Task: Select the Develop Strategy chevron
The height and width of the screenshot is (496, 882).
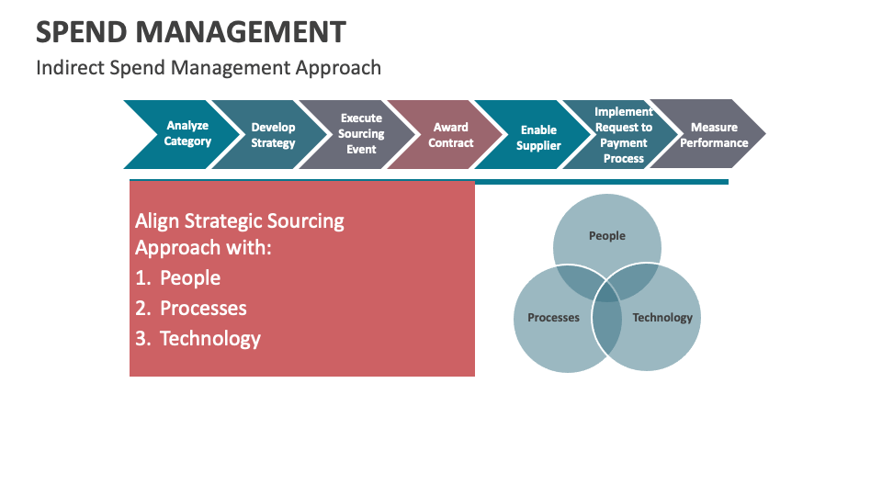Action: pyautogui.click(x=273, y=135)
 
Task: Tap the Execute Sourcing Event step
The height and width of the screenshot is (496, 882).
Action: pyautogui.click(x=361, y=134)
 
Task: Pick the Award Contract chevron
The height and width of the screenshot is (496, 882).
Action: pyautogui.click(x=450, y=135)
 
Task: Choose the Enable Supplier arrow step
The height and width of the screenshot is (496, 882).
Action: pyautogui.click(x=538, y=138)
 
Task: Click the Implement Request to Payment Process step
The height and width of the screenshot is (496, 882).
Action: pyautogui.click(x=624, y=135)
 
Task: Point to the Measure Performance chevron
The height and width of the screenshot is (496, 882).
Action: pyautogui.click(x=714, y=135)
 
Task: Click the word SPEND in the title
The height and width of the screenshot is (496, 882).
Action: pyautogui.click(x=84, y=32)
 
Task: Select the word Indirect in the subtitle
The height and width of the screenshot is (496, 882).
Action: pyautogui.click(x=67, y=68)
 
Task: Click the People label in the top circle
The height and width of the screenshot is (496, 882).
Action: pyautogui.click(x=606, y=236)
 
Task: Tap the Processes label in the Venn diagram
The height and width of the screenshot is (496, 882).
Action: pyautogui.click(x=553, y=318)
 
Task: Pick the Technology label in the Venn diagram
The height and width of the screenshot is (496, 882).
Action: pyautogui.click(x=662, y=318)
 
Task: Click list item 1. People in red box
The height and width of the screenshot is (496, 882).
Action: pyautogui.click(x=178, y=278)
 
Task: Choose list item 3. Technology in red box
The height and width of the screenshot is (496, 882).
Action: pyautogui.click(x=198, y=339)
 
